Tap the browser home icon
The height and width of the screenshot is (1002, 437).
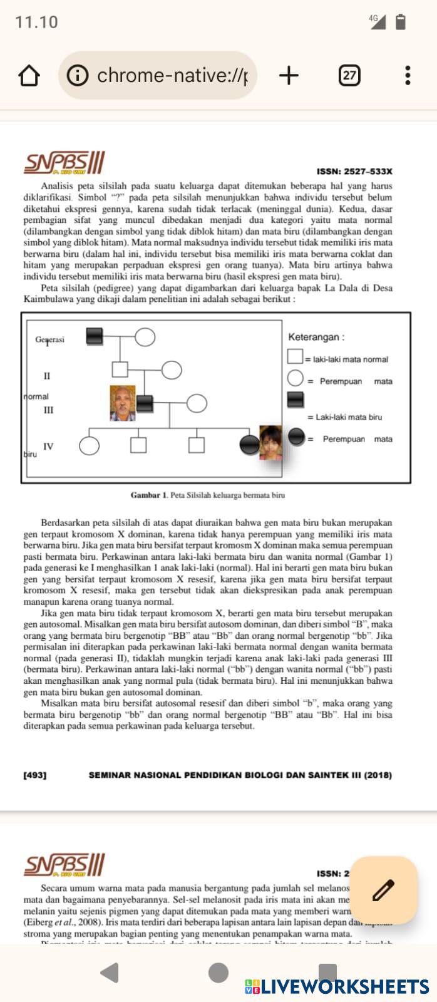[29, 76]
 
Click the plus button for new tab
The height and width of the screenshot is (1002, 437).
[289, 76]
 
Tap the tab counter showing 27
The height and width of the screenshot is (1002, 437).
[349, 76]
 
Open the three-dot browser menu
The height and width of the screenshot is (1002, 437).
[408, 76]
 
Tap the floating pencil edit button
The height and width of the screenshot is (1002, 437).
[383, 890]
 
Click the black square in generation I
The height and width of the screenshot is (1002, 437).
[94, 336]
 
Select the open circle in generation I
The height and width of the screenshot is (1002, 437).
[145, 336]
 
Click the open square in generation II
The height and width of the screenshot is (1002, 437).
[120, 369]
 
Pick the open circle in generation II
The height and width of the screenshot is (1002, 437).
[172, 369]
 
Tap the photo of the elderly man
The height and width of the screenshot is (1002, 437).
[123, 403]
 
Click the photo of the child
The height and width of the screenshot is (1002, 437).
[270, 443]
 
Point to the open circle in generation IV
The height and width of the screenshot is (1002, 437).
[89, 445]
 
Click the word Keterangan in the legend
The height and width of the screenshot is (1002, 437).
[315, 337]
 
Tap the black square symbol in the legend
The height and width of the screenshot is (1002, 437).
[295, 400]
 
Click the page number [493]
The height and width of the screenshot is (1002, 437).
[35, 775]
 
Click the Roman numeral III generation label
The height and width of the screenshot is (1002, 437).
[48, 410]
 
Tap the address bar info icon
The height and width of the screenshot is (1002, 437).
[78, 76]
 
